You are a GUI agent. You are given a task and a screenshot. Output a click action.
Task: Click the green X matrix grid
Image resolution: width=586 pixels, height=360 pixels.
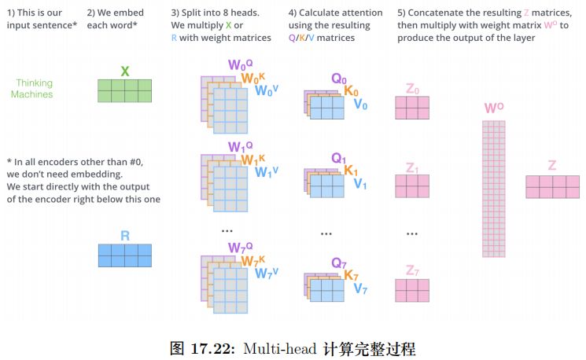pos(124,91)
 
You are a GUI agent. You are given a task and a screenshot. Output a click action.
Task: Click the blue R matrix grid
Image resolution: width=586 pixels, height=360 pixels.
pos(124,255)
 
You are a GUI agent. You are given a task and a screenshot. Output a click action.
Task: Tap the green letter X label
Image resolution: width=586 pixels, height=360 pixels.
pos(124,72)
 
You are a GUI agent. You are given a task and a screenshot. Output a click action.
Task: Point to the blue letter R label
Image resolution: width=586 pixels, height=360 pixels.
pos(124,235)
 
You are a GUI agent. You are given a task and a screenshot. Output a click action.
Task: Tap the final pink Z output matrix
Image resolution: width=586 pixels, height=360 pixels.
pos(552,186)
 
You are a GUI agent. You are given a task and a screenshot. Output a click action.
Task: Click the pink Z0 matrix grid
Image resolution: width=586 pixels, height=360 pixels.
pos(411,107)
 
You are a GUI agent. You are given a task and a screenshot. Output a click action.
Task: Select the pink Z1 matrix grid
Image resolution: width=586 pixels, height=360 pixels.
pos(411,186)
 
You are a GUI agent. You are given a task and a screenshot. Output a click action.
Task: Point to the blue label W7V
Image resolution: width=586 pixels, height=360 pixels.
pos(267,274)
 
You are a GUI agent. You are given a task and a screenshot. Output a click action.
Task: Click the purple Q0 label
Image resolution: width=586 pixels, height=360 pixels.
pos(339,79)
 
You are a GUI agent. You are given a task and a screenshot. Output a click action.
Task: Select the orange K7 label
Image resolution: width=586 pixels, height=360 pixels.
pos(352,277)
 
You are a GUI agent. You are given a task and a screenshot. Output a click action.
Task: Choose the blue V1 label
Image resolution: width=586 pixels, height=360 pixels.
pos(360,184)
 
